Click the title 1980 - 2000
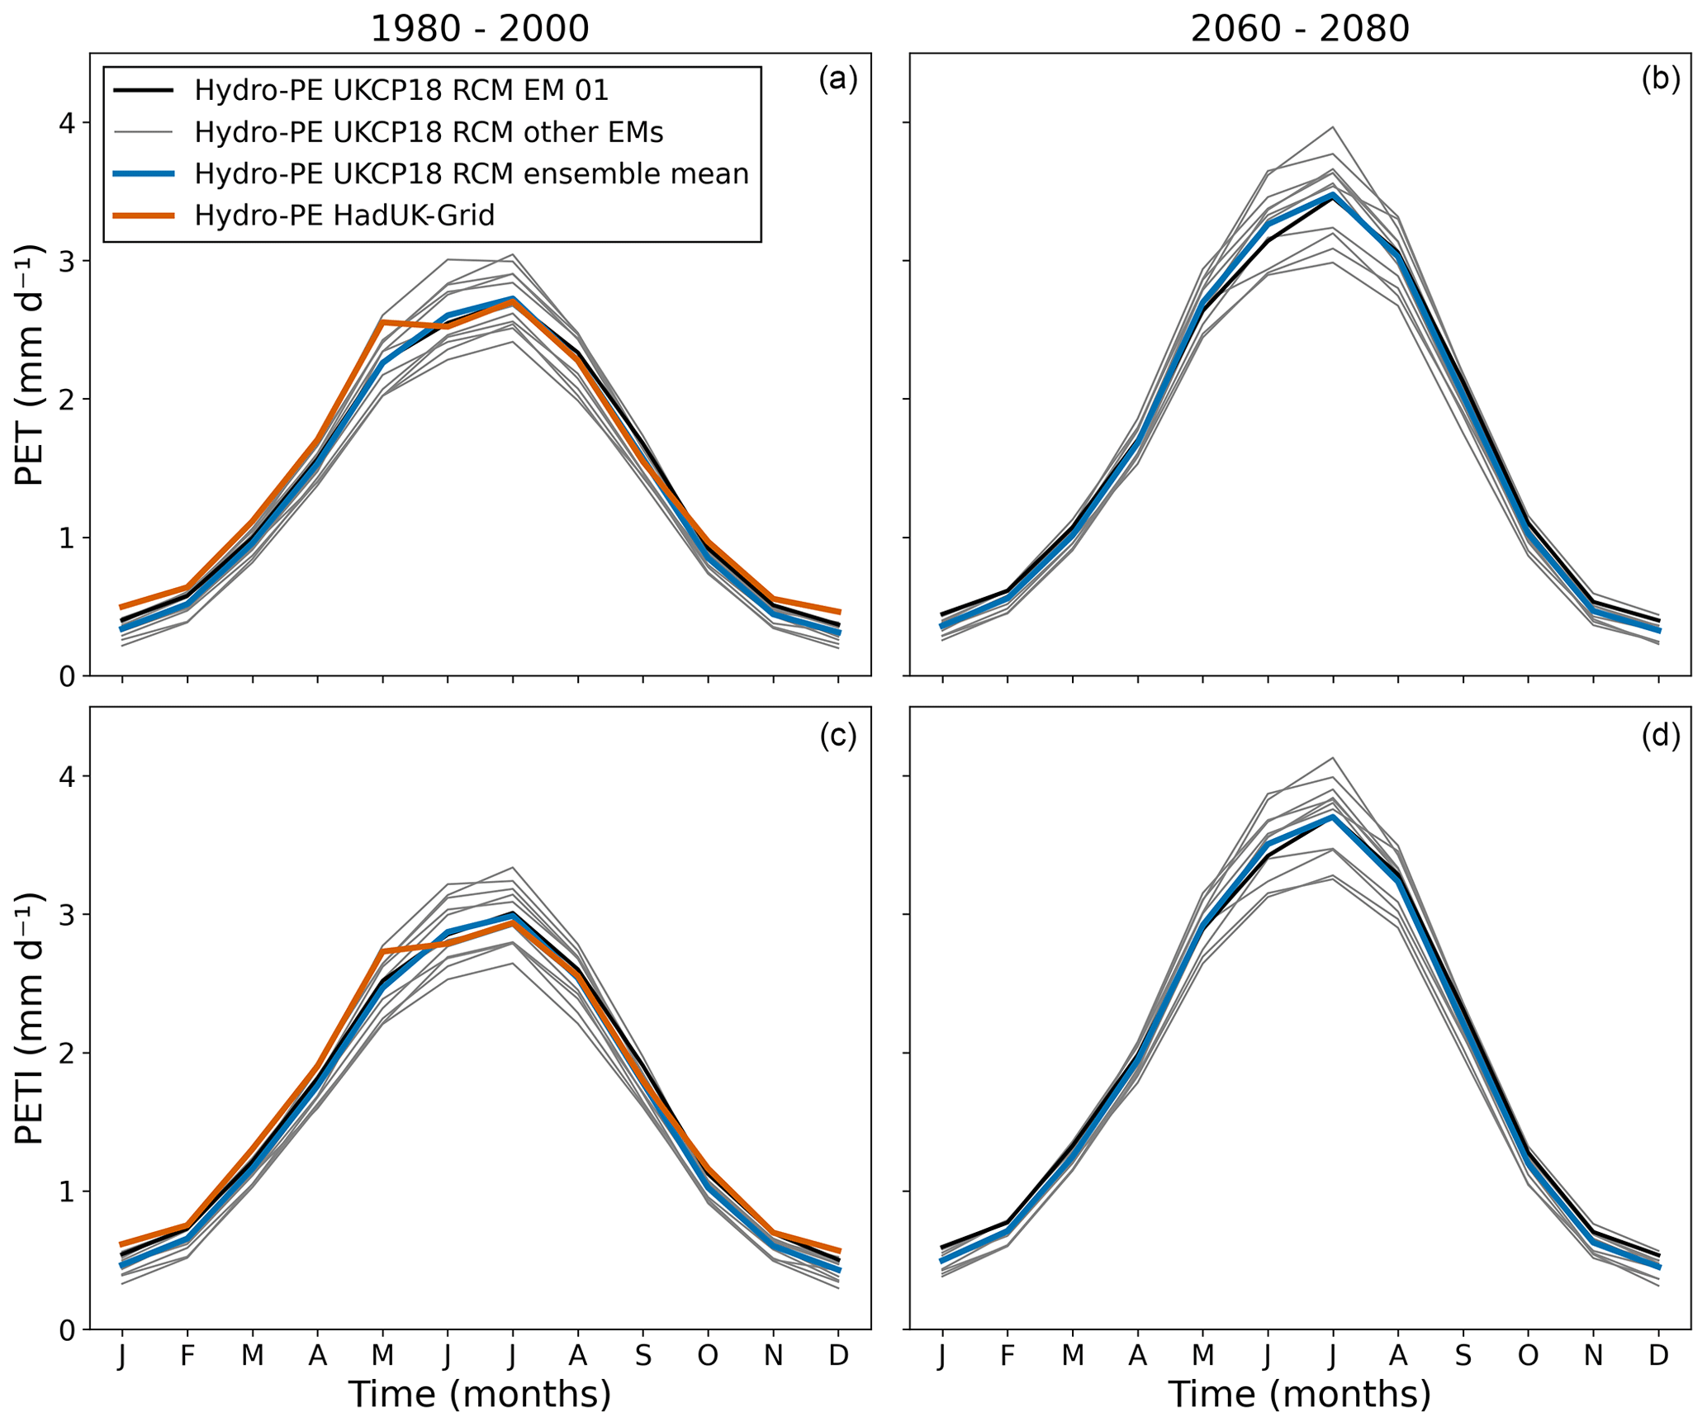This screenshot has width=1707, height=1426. pos(479,29)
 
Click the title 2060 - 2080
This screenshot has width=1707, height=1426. pos(1299,29)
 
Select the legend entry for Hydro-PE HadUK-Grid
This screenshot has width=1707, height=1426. pos(344,215)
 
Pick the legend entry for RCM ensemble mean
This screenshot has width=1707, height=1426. pos(472,173)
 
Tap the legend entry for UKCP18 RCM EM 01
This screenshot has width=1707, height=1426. pos(401,90)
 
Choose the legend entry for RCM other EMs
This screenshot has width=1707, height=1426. pos(429,132)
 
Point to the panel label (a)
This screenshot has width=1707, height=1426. pos(837,79)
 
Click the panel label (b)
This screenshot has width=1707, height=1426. pos(1660,79)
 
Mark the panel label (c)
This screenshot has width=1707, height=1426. pos(837,736)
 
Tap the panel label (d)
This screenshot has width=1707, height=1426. pos(1660,736)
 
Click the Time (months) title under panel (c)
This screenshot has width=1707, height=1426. pos(479,1394)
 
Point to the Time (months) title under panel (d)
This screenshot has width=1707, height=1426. pos(1299,1394)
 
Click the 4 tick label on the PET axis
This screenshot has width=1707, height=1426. pos(66,123)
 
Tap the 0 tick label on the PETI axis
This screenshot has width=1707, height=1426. pos(66,1330)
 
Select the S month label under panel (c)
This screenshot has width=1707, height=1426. pos(642,1356)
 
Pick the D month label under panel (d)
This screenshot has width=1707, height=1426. pos(1658,1356)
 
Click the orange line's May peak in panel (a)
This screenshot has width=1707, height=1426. pos(382,322)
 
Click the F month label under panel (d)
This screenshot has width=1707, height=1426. pos(1008,1356)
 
